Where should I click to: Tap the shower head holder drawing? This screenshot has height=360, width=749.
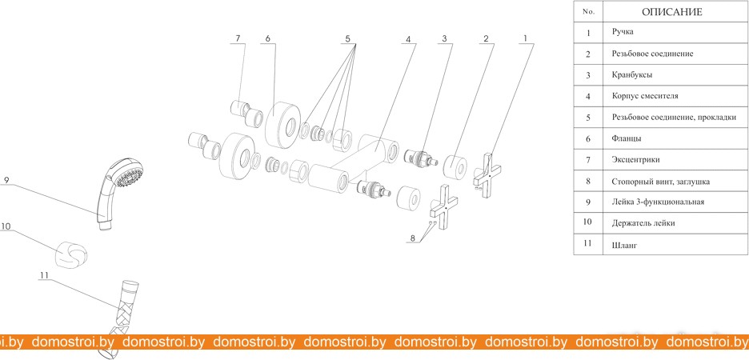72,254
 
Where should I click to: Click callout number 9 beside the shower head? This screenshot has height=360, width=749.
6,180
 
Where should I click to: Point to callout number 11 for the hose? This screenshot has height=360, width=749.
45,275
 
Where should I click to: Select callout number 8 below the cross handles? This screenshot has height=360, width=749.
412,238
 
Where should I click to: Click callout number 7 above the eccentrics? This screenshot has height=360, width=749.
238,38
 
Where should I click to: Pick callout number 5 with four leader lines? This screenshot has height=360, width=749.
348,38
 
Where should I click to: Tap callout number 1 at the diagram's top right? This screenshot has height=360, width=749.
526,38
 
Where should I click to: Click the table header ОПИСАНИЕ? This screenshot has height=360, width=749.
671,12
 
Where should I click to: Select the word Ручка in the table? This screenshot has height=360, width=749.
623,33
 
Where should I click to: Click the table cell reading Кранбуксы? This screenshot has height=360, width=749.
632,75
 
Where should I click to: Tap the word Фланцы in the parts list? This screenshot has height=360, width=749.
627,139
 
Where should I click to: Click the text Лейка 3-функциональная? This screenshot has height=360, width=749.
658,202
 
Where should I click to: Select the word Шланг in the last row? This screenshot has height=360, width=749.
624,246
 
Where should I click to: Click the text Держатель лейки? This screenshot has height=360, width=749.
643,223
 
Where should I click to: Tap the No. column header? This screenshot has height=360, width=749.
588,12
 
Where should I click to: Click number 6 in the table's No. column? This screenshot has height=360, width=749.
588,139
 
